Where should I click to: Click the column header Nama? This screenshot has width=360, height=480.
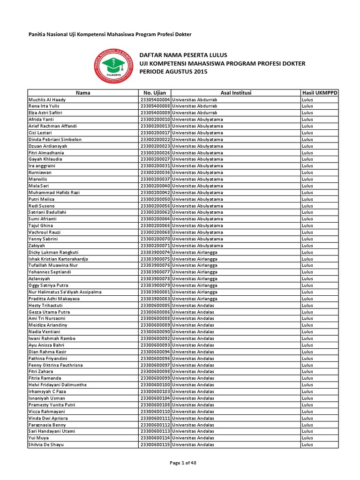[x=82, y=93]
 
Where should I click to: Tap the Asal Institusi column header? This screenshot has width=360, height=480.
[x=236, y=93]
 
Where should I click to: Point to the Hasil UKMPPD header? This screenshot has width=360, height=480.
[x=320, y=93]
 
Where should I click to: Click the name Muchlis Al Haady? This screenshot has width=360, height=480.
[x=47, y=100]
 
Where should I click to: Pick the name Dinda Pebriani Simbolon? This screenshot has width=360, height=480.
[x=55, y=140]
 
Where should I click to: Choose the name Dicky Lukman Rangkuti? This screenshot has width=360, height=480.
[x=53, y=252]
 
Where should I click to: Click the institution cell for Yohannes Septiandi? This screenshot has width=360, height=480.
[x=195, y=272]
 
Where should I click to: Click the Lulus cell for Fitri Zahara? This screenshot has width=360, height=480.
[x=307, y=372]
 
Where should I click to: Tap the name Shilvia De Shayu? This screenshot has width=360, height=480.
[x=46, y=445]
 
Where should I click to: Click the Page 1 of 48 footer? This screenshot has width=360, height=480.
[x=183, y=463]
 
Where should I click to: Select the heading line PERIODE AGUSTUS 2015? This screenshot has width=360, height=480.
[x=173, y=71]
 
